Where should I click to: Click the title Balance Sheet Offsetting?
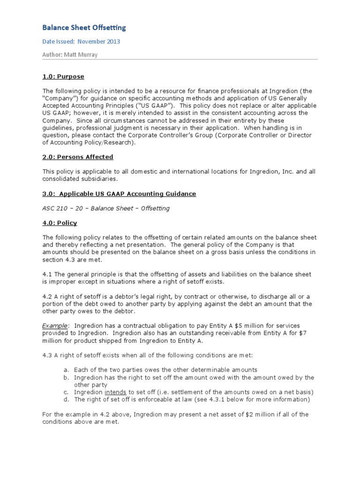[x=84, y=28]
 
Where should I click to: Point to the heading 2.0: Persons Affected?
[x=78, y=157]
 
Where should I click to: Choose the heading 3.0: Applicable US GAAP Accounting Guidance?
[x=119, y=194]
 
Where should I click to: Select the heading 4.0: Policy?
[x=60, y=223]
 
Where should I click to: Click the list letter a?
[x=67, y=370]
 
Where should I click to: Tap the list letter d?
[x=67, y=399]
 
